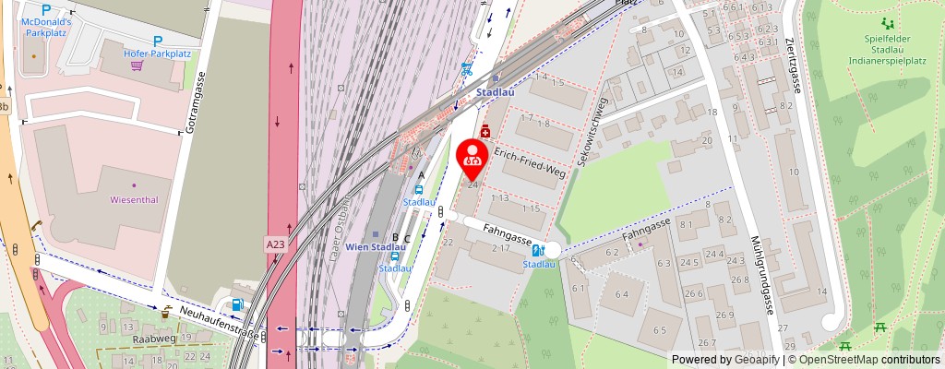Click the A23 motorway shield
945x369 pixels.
pyautogui.click(x=275, y=244)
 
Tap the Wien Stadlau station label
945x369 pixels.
pyautogui.click(x=376, y=247)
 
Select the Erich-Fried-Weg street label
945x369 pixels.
pyautogui.click(x=529, y=161)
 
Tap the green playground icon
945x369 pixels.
pyautogui.click(x=888, y=23)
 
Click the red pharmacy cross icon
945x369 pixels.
pyautogui.click(x=484, y=133)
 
